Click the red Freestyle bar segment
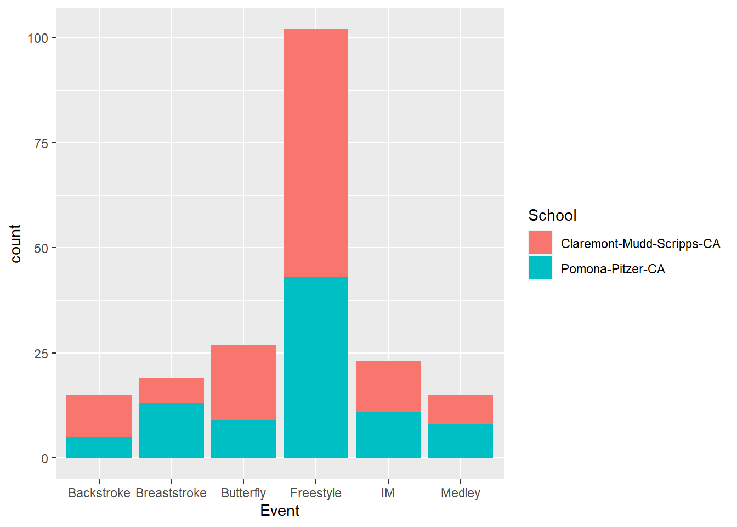click(x=316, y=153)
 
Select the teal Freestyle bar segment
click(x=316, y=367)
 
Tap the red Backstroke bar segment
click(x=99, y=416)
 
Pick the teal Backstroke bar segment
click(x=99, y=447)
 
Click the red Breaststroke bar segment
click(x=171, y=391)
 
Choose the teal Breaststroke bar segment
click(x=171, y=430)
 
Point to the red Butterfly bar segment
click(x=243, y=382)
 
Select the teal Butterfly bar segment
click(x=243, y=439)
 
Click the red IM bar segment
click(x=388, y=386)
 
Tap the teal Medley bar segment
click(x=461, y=441)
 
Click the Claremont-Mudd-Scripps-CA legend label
click(x=640, y=244)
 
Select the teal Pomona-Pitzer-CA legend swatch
click(x=540, y=268)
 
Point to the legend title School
click(x=552, y=215)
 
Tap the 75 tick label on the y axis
click(x=41, y=143)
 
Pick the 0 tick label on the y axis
click(x=44, y=458)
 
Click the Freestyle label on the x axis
click(x=316, y=493)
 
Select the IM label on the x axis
click(x=388, y=493)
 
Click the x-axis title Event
click(x=280, y=511)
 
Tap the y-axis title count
click(x=15, y=244)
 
